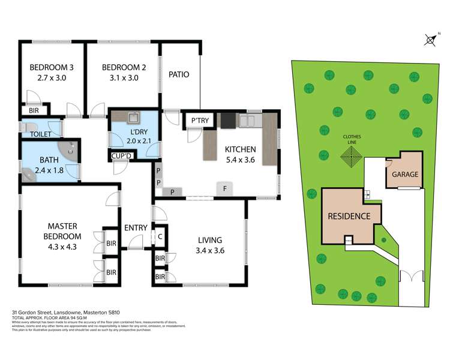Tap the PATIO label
[179, 75]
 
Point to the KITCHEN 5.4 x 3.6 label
[241, 155]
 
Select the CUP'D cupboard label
[122, 157]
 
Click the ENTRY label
[136, 227]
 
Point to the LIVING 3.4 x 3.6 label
[211, 245]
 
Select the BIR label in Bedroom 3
[33, 110]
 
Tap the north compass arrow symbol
[429, 40]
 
